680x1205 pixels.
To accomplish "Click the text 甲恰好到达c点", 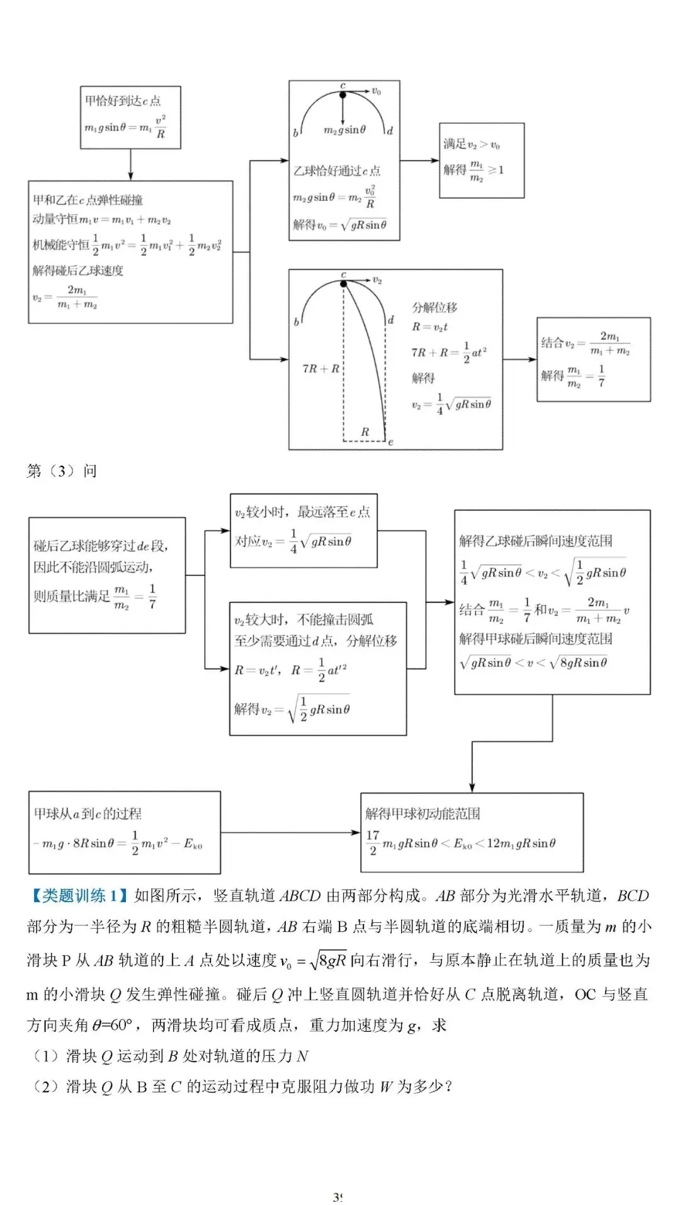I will pos(123,101).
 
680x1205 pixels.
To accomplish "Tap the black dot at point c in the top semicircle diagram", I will pos(343,95).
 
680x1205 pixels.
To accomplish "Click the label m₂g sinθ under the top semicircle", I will pos(344,130).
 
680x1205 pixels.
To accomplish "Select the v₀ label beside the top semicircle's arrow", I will pos(376,91).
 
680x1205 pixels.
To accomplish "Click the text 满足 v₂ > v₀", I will pos(472,145).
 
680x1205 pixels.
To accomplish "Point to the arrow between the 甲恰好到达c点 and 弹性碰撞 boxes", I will pos(130,165).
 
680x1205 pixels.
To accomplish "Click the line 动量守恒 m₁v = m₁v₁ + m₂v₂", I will pos(102,219).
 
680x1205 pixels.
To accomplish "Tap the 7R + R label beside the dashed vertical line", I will pos(320,368).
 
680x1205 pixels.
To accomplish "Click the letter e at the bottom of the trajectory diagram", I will pos(390,443).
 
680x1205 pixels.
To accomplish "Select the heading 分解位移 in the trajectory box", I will pos(434,307).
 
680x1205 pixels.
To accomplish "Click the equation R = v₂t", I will pos(429,327).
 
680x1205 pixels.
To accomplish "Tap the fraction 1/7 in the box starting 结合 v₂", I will pos(601,375).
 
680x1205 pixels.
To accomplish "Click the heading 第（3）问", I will pos(62,471).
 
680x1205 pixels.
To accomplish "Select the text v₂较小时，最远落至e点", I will pos(302,512).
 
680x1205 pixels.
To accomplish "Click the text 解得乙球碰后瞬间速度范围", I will pos(535,541).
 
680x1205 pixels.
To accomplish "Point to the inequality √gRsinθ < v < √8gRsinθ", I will pos(534,662).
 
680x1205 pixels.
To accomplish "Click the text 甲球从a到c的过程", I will pos(88,813).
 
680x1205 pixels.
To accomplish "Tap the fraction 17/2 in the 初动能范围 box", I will pos(372,842).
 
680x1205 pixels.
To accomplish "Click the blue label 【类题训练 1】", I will pos(78,895).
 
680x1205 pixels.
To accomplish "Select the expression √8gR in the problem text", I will pos(328,961).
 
